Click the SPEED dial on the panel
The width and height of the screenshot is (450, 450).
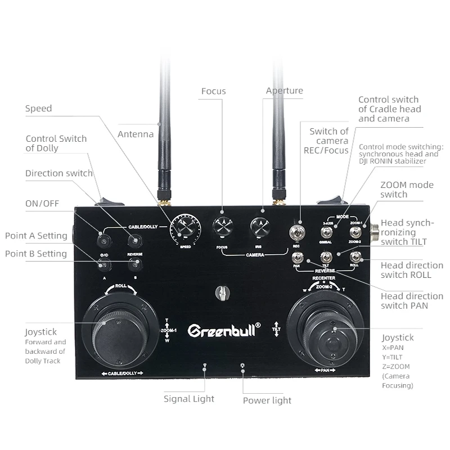pyautogui.click(x=184, y=228)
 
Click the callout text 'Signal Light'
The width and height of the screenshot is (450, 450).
pyautogui.click(x=188, y=399)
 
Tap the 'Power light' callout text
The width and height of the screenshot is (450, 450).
pyautogui.click(x=267, y=400)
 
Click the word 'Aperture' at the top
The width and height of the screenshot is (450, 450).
pyautogui.click(x=284, y=91)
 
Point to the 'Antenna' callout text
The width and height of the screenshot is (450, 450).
pyautogui.click(x=136, y=134)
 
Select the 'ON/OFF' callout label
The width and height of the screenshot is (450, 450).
pyautogui.click(x=42, y=203)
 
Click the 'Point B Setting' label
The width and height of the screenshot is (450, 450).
pyautogui.click(x=36, y=253)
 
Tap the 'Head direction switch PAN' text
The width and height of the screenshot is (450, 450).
pyautogui.click(x=404, y=301)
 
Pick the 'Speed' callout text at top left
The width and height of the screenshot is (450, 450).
pyautogui.click(x=38, y=109)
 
